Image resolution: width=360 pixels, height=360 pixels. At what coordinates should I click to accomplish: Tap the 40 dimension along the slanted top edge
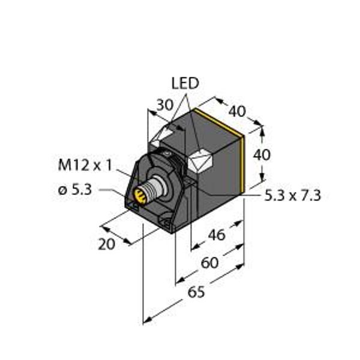click(x=237, y=111)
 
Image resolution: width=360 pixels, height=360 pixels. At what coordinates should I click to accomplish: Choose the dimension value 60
click(x=210, y=263)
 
